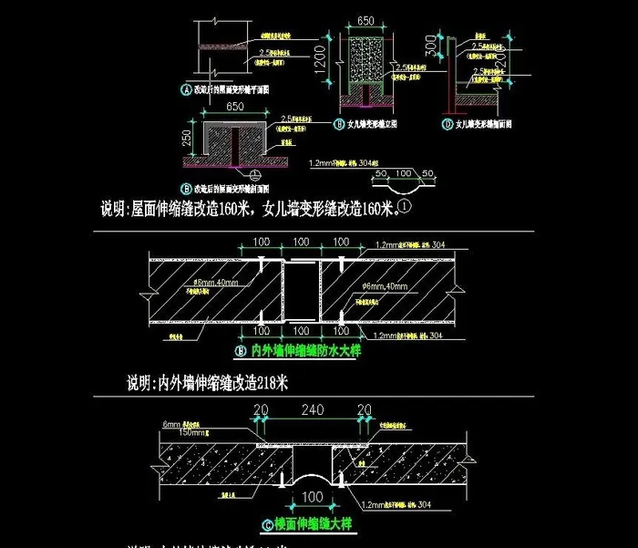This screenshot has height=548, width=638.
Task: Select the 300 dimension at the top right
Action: [430, 45]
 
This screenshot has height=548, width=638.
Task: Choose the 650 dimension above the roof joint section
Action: [234, 108]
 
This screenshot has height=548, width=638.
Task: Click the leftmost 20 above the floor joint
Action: [260, 409]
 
